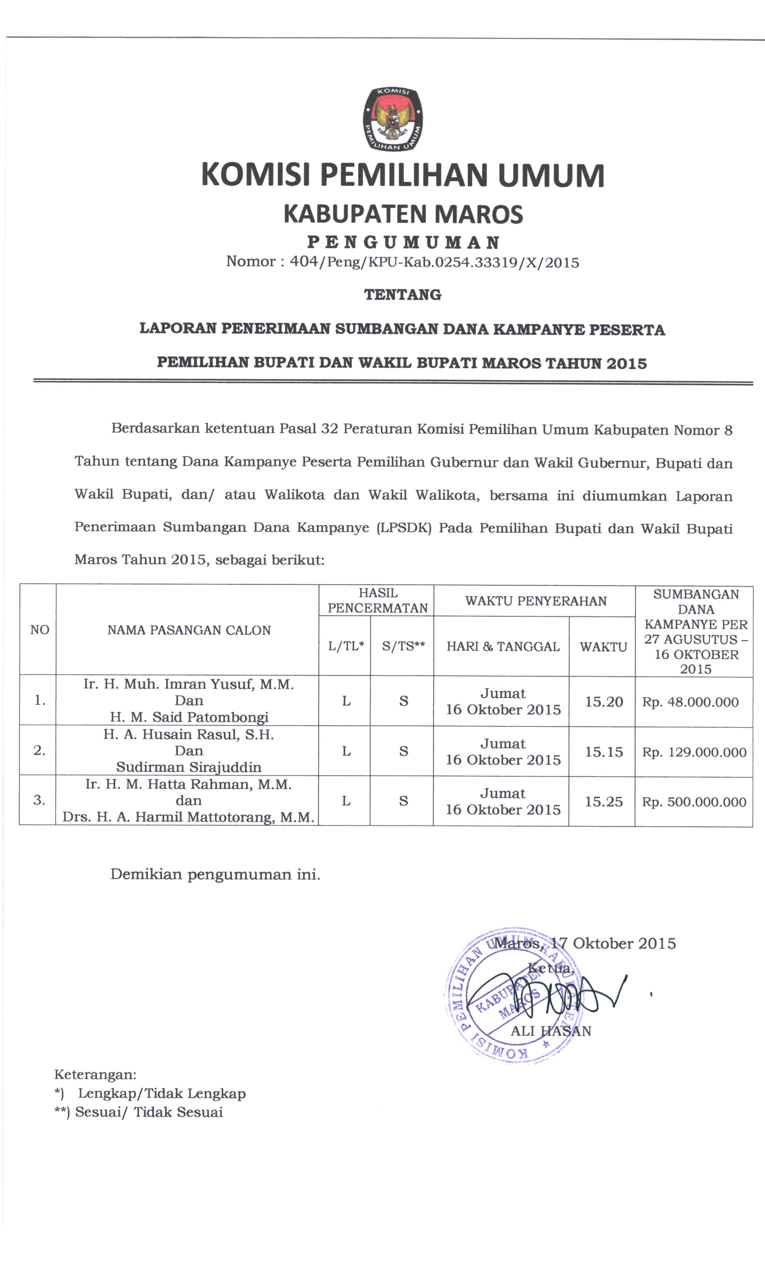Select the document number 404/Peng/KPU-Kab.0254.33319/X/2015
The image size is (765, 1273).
click(x=434, y=262)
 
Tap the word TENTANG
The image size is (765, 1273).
click(x=403, y=295)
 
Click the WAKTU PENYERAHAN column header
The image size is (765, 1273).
click(x=536, y=601)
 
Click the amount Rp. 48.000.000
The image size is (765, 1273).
click(x=690, y=702)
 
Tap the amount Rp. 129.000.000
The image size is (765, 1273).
click(x=694, y=752)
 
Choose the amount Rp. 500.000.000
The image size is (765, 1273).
click(x=694, y=802)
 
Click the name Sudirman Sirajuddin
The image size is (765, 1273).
click(x=189, y=767)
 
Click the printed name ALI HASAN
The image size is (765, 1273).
click(x=550, y=1031)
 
